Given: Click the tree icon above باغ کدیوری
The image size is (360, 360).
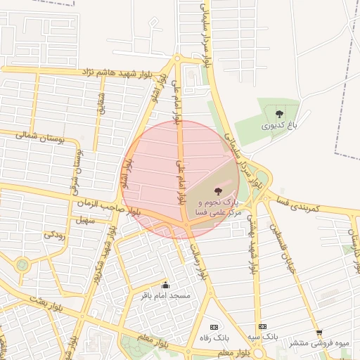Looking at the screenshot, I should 280,113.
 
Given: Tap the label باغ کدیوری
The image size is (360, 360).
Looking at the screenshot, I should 280,126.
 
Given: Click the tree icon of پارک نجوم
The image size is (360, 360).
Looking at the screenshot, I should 217,191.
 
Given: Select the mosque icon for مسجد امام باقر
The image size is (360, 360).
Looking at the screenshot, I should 166,285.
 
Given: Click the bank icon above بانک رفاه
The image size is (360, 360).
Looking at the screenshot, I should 214,327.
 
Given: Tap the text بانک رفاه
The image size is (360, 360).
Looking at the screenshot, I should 214,338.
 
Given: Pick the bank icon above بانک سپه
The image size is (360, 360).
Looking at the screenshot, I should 262,326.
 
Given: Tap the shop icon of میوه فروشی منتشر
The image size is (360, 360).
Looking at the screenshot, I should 319,333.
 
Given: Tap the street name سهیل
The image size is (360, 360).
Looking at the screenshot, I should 87,221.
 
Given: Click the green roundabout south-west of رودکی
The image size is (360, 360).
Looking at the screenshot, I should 22,265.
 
